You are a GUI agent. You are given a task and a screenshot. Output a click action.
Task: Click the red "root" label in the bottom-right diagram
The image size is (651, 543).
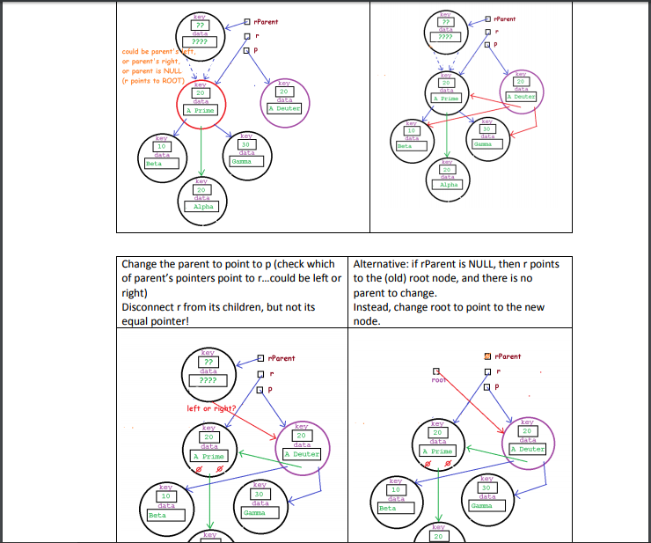coord(440,382)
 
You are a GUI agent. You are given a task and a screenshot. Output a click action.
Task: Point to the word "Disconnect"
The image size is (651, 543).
coord(150,307)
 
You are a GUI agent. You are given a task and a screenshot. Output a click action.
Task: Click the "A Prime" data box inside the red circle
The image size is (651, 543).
coord(201,110)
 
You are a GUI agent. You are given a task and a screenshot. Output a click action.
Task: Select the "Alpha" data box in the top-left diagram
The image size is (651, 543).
coord(202,206)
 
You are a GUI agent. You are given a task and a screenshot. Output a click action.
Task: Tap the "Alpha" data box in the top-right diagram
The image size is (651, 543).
coord(449,185)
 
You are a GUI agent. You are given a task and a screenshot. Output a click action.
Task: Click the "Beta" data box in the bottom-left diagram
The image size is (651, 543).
coord(166,516)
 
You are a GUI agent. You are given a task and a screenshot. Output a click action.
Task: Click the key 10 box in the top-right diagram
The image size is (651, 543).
coord(411,130)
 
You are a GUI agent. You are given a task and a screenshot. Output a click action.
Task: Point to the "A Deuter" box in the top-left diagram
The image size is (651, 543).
coord(284,108)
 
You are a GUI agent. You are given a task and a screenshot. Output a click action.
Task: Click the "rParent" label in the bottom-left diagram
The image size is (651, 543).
coord(282,358)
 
